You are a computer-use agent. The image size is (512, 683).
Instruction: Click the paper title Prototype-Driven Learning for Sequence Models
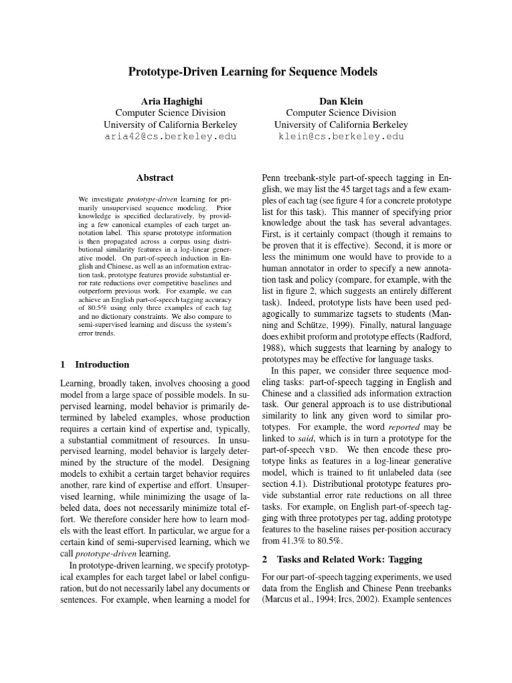click(256, 71)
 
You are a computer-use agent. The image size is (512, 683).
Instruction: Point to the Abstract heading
click(155, 177)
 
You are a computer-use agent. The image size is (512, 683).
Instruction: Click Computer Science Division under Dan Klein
click(341, 112)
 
